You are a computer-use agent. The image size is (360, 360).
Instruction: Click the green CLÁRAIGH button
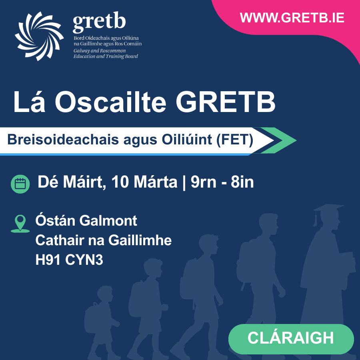[x=291, y=338]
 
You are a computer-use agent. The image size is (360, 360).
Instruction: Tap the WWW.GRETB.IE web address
[x=292, y=18]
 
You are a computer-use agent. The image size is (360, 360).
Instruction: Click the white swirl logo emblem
[x=39, y=36]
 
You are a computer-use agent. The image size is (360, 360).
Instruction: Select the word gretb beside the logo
[x=99, y=24]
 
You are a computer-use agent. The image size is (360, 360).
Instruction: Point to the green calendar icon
[x=20, y=184]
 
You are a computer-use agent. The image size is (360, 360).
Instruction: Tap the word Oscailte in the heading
[x=110, y=102]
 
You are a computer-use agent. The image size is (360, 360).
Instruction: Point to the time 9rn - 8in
[x=222, y=182]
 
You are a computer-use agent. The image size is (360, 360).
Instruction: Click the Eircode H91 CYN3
[x=69, y=260]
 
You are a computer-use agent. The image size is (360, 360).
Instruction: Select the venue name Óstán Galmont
[x=86, y=220]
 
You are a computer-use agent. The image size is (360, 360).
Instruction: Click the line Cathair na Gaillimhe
[x=103, y=240]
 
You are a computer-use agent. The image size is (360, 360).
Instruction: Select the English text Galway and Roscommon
[x=100, y=51]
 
